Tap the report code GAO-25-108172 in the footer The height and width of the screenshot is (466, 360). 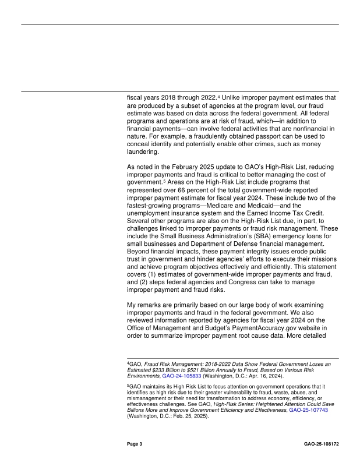pos(321,444)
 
